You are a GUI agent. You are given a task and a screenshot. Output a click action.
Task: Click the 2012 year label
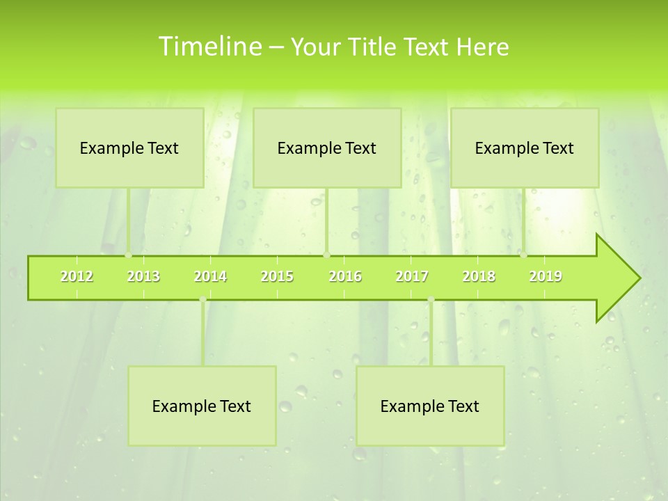(x=77, y=276)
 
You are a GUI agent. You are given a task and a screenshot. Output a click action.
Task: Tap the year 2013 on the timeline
(x=143, y=276)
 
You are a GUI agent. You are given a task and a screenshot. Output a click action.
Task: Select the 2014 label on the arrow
(x=210, y=276)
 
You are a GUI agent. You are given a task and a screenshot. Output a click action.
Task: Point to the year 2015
(x=277, y=276)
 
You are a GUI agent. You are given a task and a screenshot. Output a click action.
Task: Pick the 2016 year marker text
(x=345, y=276)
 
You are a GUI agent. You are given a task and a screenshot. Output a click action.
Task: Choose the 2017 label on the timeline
(x=412, y=276)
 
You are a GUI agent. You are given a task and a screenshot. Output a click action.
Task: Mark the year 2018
(x=479, y=276)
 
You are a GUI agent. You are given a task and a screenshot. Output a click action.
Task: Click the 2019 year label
(x=546, y=276)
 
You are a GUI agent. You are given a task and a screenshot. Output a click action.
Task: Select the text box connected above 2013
(x=129, y=148)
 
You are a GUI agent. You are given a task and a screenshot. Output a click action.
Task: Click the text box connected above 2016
(x=327, y=148)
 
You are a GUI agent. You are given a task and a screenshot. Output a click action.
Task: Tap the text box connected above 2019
(x=525, y=148)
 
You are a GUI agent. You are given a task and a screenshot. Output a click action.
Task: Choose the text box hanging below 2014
(x=202, y=406)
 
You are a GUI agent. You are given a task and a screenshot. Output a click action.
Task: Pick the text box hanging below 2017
(x=430, y=406)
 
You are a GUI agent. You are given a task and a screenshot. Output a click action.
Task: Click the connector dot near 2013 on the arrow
(x=129, y=255)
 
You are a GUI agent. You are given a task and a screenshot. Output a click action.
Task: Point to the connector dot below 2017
(x=431, y=299)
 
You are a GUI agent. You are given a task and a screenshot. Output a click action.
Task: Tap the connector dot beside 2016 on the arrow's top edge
(x=327, y=255)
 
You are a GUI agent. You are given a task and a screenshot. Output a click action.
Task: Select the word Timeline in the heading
(x=209, y=47)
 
